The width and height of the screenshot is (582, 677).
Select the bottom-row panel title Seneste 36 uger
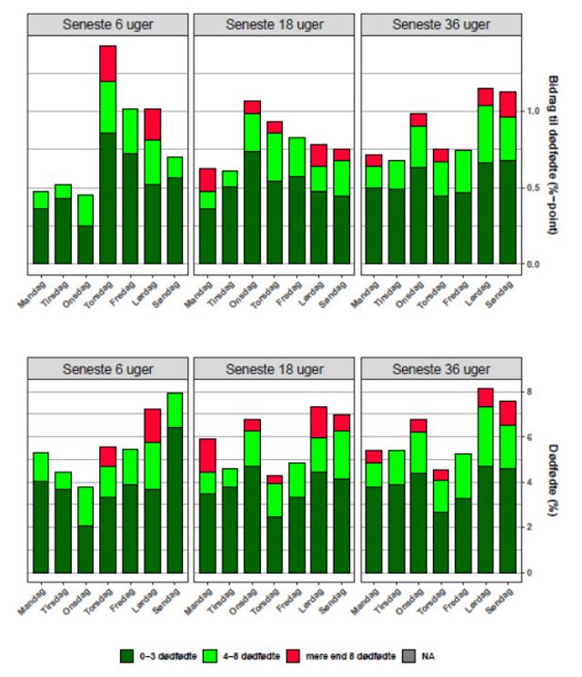[x=440, y=369]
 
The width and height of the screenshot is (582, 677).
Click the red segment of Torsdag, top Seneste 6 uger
[x=107, y=64]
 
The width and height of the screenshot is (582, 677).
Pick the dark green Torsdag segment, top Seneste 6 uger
[x=107, y=198]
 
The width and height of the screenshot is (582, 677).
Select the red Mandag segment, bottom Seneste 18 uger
[x=208, y=455]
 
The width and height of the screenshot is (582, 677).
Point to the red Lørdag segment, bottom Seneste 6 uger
[x=152, y=425]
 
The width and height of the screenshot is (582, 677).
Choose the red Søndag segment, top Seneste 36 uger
[x=507, y=105]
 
